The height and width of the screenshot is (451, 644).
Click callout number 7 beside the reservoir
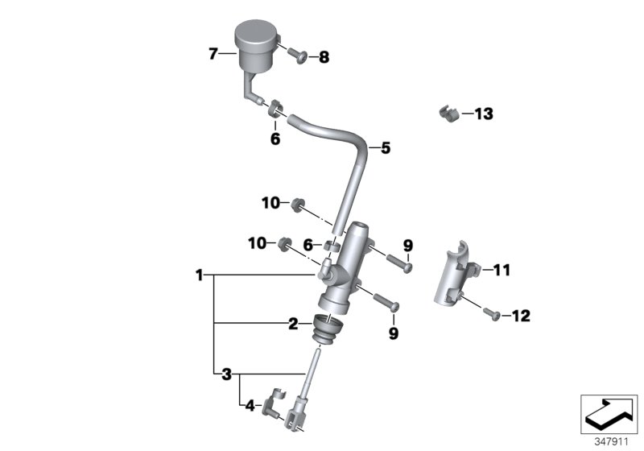(x=213, y=55)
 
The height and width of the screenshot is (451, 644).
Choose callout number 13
(x=483, y=114)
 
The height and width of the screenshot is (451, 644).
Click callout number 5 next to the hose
(x=385, y=148)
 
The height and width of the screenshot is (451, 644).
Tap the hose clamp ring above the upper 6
(x=274, y=107)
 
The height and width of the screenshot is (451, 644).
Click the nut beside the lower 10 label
(x=284, y=242)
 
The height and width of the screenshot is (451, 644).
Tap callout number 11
(x=502, y=271)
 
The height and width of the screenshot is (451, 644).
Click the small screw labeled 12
(x=493, y=314)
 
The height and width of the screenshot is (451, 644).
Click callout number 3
(x=226, y=374)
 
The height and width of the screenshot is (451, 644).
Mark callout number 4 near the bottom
(x=250, y=406)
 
